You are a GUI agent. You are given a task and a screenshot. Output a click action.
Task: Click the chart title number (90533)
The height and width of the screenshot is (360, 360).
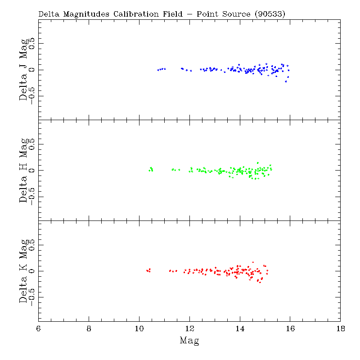coord(270,14)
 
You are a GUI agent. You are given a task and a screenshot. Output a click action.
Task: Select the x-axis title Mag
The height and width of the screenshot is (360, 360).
coord(189,340)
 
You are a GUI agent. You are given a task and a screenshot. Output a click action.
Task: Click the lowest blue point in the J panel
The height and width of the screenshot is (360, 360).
coord(286,81)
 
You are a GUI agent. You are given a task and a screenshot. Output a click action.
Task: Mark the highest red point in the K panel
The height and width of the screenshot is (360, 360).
coord(253,262)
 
